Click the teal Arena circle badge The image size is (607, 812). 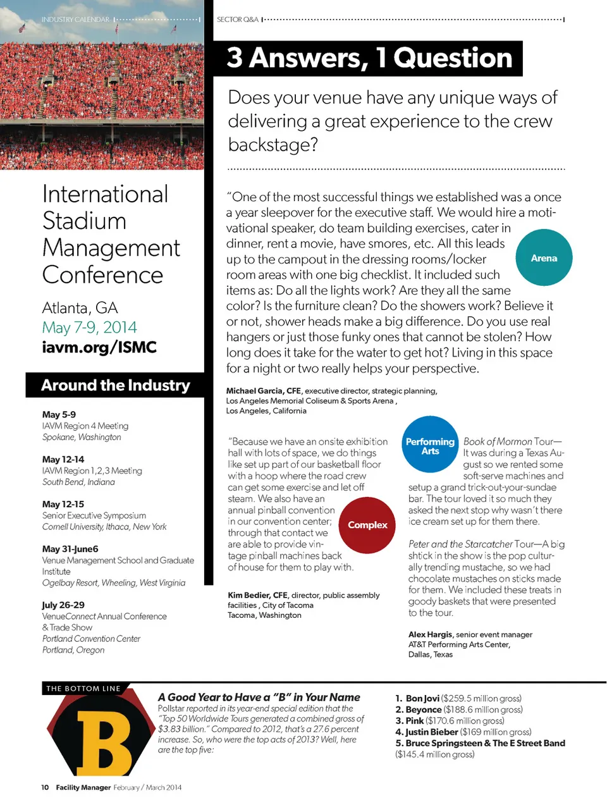click(x=544, y=258)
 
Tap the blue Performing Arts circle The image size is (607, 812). click(x=430, y=445)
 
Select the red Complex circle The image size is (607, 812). click(x=367, y=525)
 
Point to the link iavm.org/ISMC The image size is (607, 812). click(x=99, y=347)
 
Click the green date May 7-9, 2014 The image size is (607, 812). click(x=89, y=328)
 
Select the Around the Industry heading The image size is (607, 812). click(x=115, y=385)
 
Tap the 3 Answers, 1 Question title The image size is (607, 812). click(x=369, y=58)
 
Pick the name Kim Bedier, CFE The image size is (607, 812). click(x=257, y=595)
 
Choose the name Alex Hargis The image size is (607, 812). click(x=430, y=634)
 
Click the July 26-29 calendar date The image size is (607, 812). click(x=63, y=605)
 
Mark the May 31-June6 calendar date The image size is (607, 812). click(x=70, y=549)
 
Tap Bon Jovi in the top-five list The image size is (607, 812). click(x=422, y=698)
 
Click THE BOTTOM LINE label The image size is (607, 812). click(x=83, y=688)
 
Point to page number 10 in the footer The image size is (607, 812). click(x=45, y=787)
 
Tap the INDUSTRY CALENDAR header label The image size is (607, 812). click(x=75, y=20)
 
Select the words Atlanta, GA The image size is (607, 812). click(x=80, y=308)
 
